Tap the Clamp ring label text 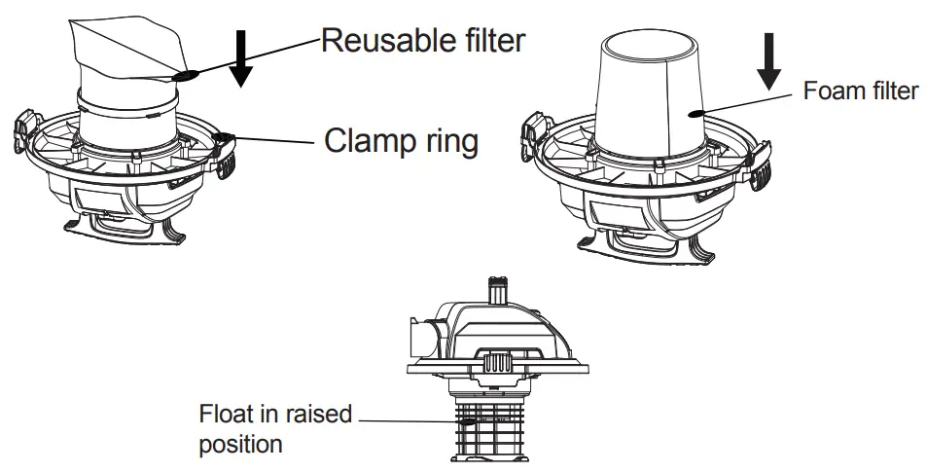pos(401,142)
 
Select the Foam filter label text pos(861,91)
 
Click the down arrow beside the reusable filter pos(242,59)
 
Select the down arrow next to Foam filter pos(770,63)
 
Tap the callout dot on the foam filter pos(694,113)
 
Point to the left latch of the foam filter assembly pos(534,130)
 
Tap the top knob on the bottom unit pos(497,291)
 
